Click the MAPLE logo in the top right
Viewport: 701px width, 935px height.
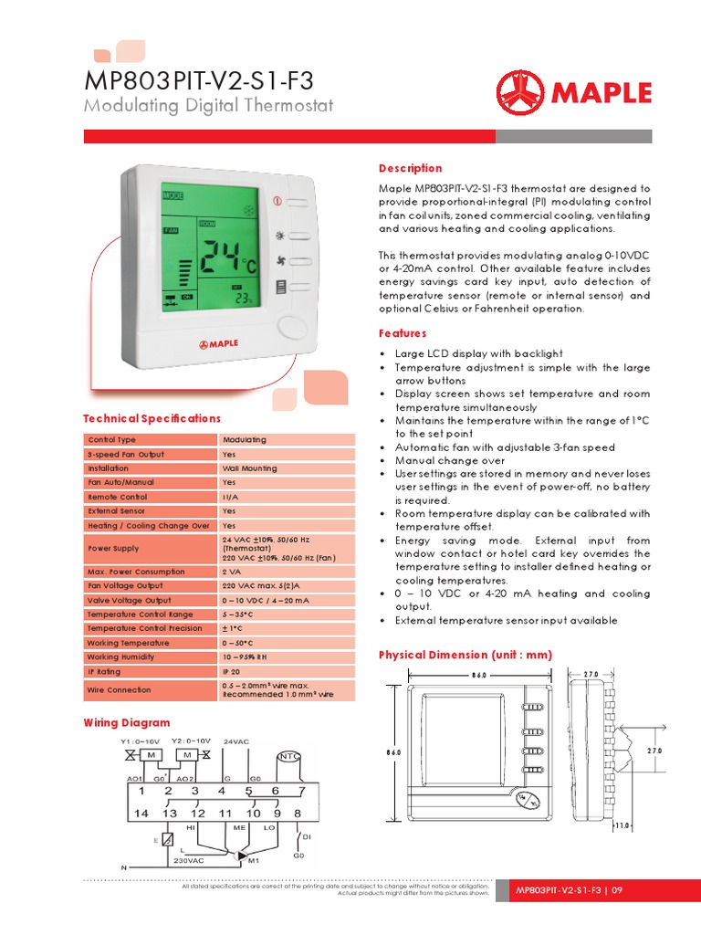(573, 93)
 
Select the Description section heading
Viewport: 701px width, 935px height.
(410, 169)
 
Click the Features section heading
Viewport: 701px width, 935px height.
(403, 333)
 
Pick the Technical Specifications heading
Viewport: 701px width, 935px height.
(152, 418)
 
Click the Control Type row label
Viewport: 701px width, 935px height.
(111, 440)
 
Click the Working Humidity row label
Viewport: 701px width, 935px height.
(121, 657)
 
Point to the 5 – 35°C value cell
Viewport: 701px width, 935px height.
(240, 615)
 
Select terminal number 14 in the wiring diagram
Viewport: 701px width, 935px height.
(141, 813)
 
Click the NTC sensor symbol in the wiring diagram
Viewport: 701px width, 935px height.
(288, 756)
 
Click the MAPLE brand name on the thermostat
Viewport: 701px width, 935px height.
(218, 343)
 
